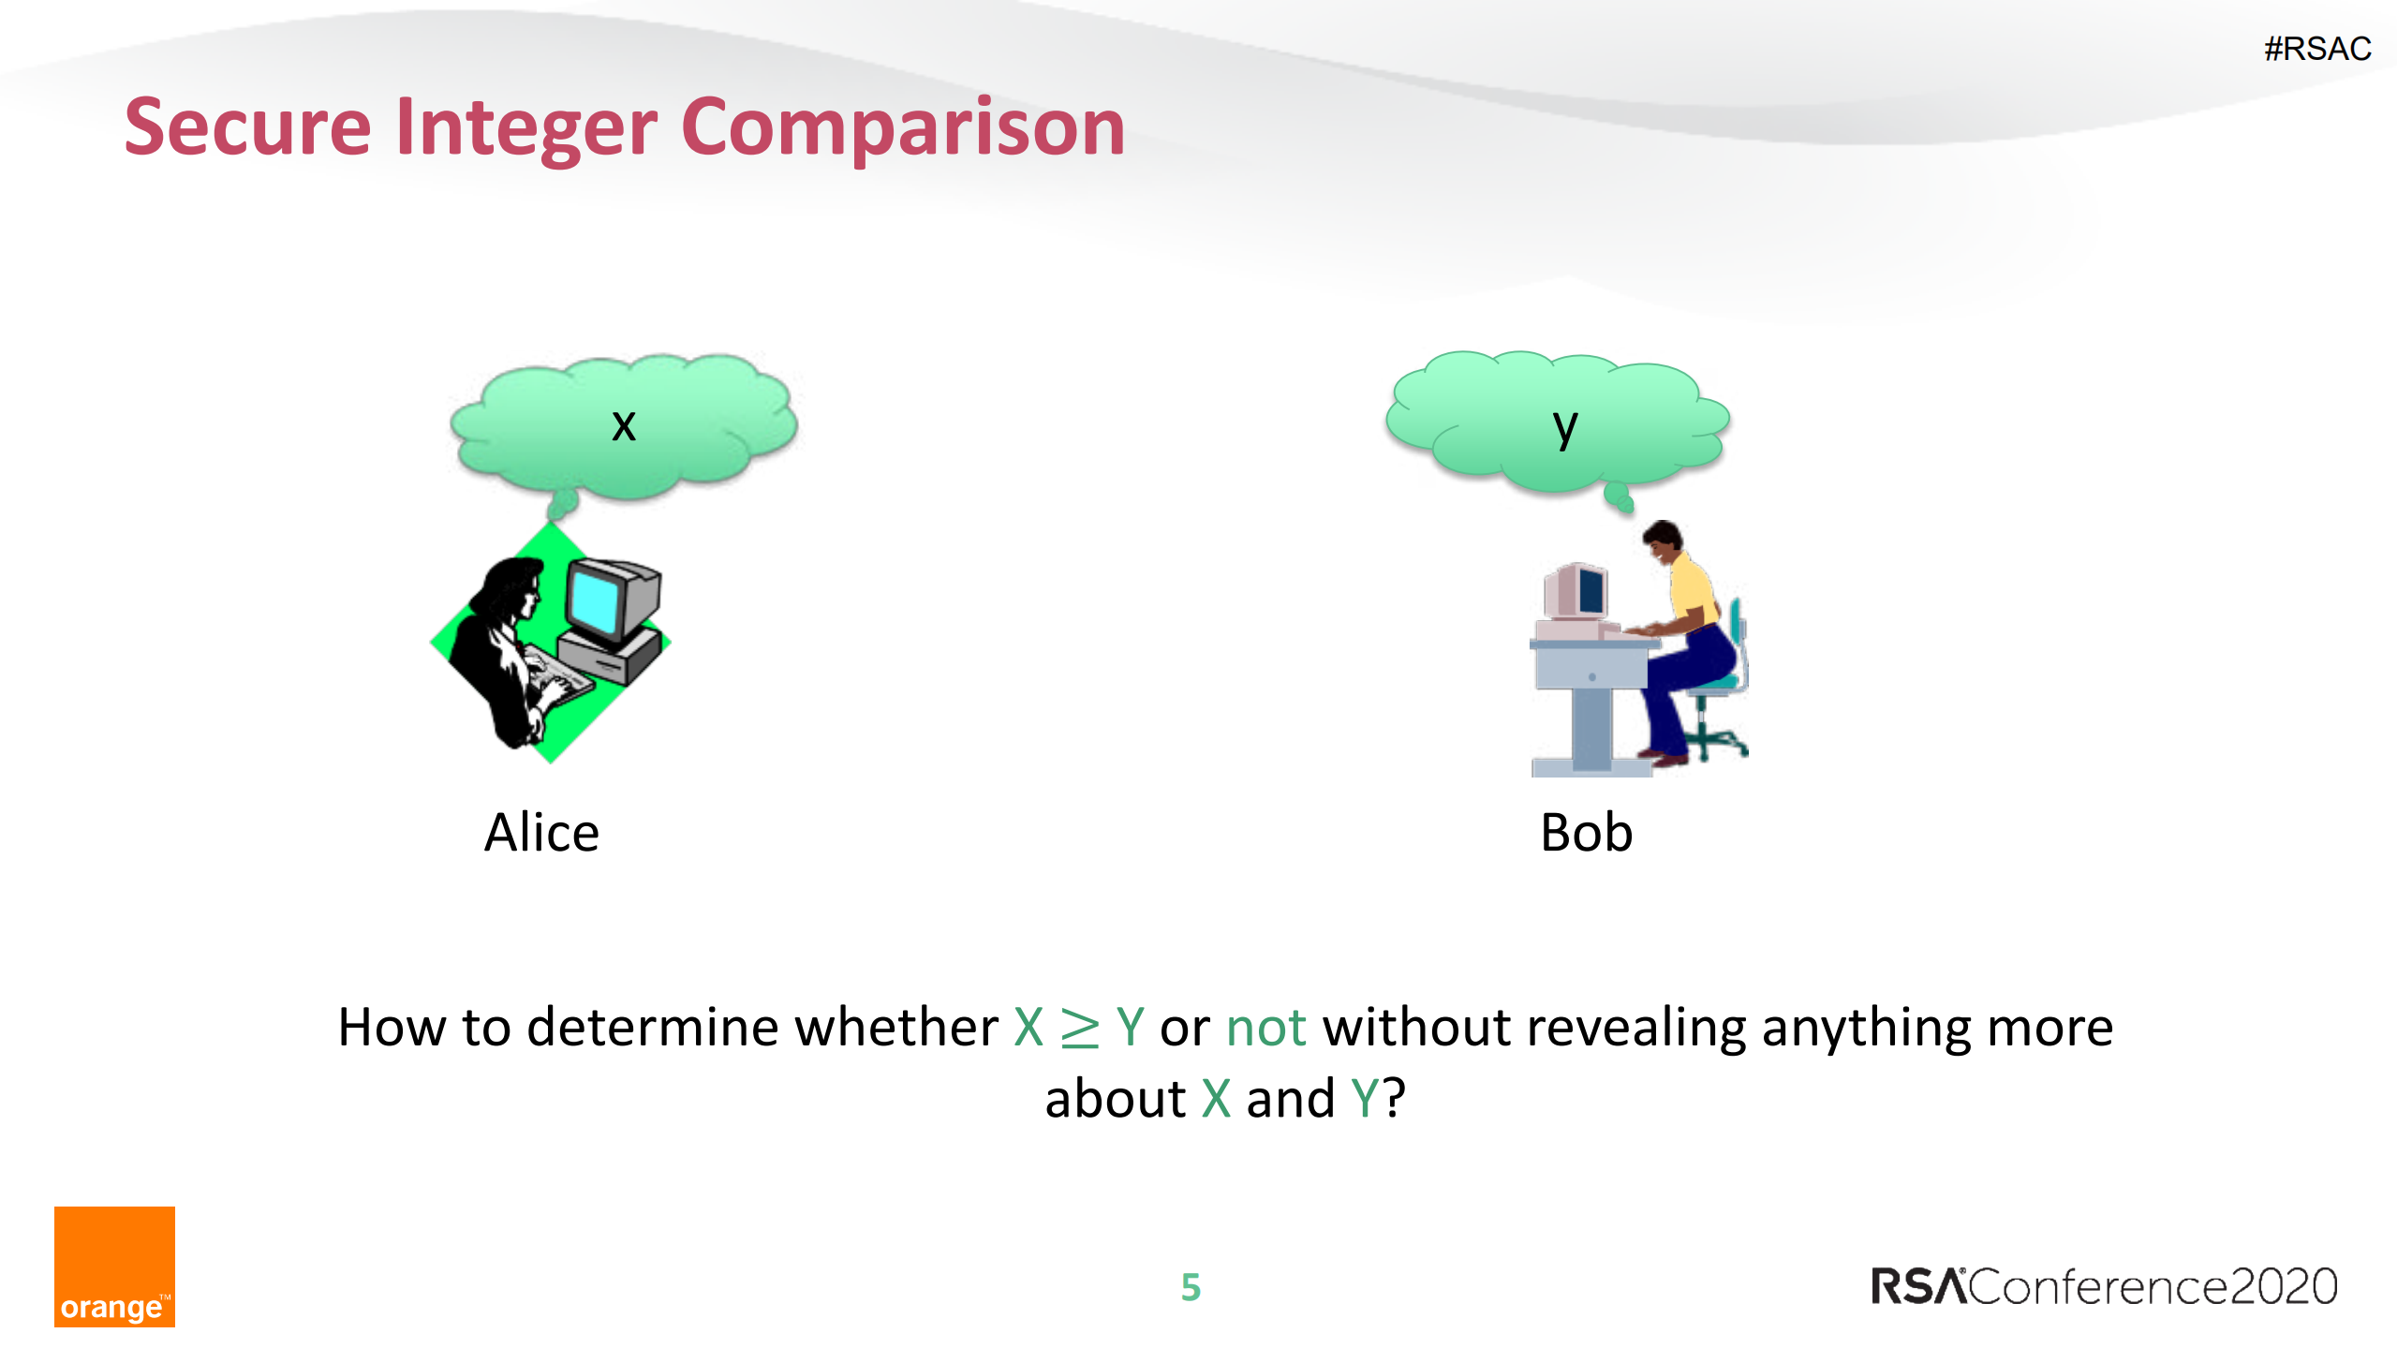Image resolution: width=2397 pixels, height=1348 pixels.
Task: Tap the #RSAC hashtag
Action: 2316,49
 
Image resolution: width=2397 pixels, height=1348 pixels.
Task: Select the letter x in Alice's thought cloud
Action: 624,425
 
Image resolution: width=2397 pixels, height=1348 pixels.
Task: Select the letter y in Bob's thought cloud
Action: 1564,428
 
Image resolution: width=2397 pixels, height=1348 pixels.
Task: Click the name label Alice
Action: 541,833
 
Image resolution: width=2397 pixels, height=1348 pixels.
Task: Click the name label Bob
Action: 1586,833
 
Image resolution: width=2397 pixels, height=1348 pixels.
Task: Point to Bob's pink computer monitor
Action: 1576,592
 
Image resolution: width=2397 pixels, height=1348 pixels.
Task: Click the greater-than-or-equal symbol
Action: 1079,1028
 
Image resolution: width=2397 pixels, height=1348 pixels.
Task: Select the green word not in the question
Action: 1265,1028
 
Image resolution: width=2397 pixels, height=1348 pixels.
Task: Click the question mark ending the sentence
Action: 1394,1099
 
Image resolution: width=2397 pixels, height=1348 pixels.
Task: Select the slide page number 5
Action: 1191,1287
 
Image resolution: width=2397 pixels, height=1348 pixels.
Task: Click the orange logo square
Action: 114,1266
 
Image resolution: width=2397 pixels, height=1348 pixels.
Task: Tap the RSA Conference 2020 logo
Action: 2104,1286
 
